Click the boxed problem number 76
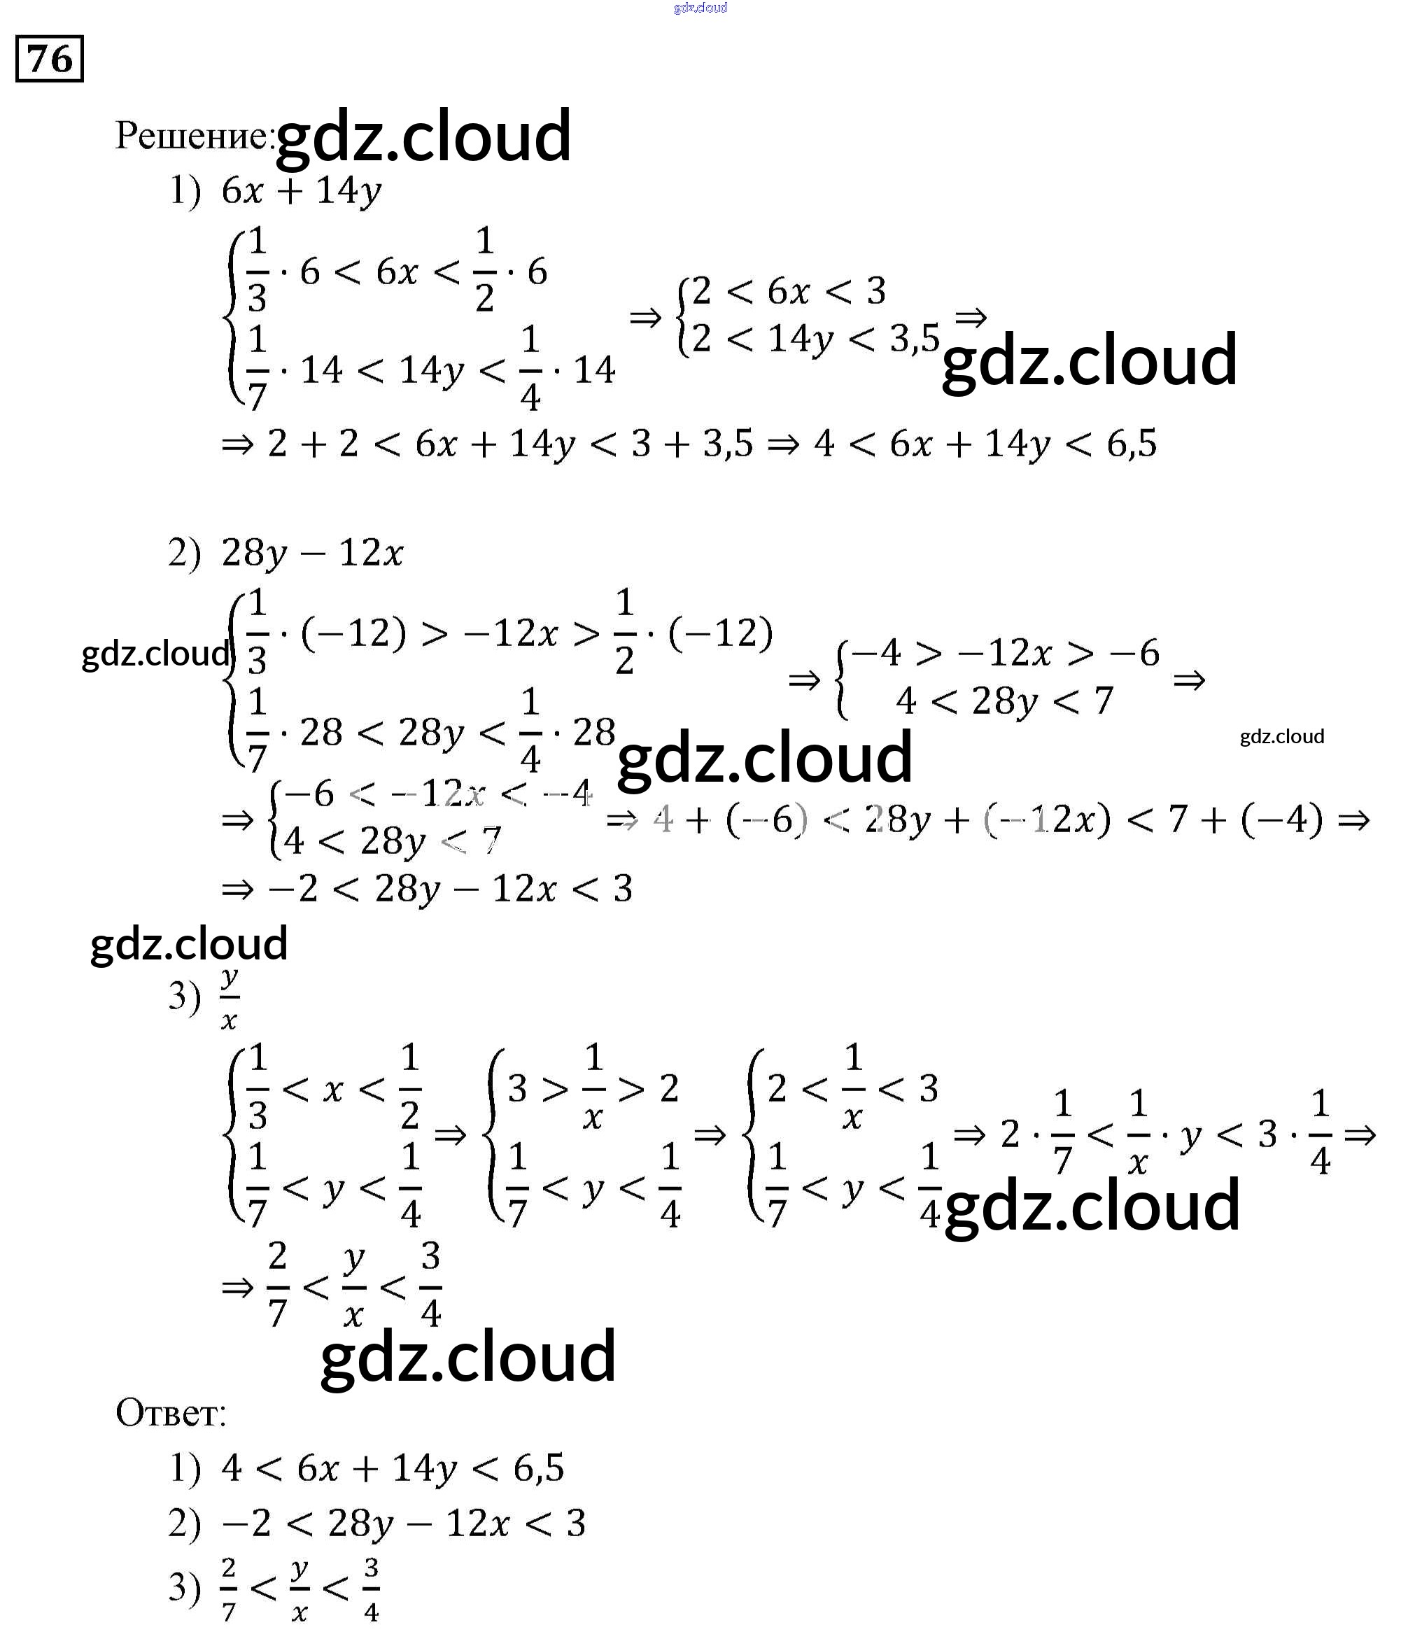(x=49, y=59)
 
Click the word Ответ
(x=169, y=1413)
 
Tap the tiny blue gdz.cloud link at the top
(x=700, y=8)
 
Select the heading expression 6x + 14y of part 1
(x=302, y=191)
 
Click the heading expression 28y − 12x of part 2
(x=312, y=553)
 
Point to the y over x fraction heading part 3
(x=229, y=998)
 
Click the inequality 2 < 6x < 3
(x=788, y=291)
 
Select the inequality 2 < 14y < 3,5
(x=815, y=339)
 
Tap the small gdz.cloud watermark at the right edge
(x=1281, y=736)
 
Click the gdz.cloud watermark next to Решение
(x=423, y=136)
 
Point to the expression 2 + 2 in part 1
(x=313, y=444)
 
